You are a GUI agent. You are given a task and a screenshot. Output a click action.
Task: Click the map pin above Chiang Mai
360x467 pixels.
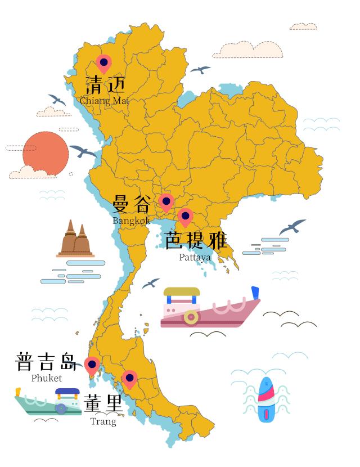coord(103,64)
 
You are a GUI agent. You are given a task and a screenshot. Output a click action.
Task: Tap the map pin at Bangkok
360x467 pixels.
coord(166,201)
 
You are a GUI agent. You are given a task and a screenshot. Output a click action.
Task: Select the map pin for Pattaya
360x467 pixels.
coord(185,216)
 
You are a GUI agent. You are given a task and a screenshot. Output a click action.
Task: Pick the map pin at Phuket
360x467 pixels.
coord(92,365)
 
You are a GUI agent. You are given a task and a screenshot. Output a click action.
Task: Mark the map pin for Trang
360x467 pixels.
coord(130,379)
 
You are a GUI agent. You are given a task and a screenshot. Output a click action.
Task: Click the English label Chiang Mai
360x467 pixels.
coord(104,101)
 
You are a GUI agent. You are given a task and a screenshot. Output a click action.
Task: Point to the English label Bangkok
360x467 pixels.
coord(131,221)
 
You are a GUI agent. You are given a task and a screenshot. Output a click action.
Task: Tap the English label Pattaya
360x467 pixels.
coord(195,257)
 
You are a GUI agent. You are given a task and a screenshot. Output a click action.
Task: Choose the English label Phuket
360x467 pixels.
coord(47,378)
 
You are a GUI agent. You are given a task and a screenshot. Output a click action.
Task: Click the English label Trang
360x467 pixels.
coord(103,421)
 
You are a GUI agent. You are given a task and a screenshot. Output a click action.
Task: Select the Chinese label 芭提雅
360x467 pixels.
coord(196,241)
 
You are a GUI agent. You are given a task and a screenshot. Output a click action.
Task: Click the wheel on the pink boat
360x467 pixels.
coord(191,317)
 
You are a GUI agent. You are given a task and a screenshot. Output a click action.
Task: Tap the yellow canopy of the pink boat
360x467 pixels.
coord(182,292)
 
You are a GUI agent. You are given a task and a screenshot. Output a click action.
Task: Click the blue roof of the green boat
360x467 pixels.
coord(67,392)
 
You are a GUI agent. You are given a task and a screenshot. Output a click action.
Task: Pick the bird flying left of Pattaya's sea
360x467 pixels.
coord(150,284)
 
